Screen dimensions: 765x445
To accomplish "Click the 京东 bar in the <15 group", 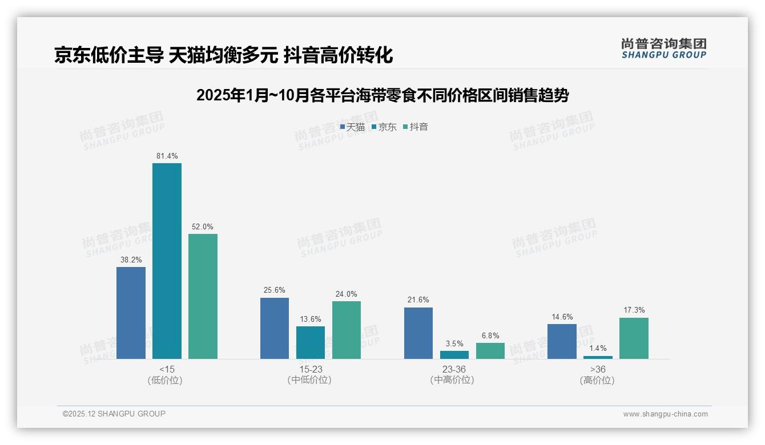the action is click(x=167, y=261).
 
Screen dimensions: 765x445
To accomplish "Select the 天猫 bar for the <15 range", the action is click(x=131, y=313).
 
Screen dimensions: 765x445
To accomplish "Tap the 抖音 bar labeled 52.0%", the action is click(x=203, y=296).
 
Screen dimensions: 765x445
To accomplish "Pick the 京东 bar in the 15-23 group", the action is click(x=311, y=342).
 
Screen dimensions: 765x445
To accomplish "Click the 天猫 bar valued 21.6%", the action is click(x=418, y=333).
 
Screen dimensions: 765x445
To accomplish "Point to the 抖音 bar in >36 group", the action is click(x=634, y=338).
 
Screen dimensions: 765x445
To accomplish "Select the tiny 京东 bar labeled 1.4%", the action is click(x=598, y=357).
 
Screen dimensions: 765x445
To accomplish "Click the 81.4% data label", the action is click(x=167, y=156).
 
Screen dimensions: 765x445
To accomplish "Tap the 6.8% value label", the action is click(x=490, y=335).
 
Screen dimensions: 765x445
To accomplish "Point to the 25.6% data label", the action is click(x=275, y=290).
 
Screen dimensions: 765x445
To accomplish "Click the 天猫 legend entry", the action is click(x=352, y=127).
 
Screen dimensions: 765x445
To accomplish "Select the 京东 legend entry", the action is click(x=384, y=127).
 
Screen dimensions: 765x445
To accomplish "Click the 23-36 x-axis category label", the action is click(x=454, y=369).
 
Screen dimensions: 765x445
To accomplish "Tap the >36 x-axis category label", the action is click(x=598, y=369).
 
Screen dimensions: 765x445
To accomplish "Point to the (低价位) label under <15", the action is click(x=166, y=380).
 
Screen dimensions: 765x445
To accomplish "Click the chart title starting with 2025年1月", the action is click(x=382, y=95).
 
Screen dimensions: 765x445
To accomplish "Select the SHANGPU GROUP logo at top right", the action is click(x=663, y=48).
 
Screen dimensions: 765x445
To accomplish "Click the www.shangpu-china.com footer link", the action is click(x=665, y=414).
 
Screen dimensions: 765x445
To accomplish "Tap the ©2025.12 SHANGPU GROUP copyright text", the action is click(x=114, y=414).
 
